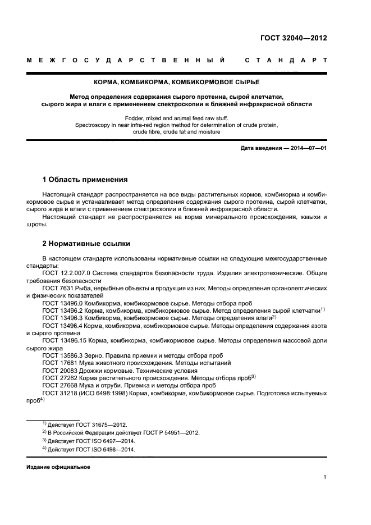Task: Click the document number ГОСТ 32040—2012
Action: pos(293,38)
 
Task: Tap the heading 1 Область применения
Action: pos(85,180)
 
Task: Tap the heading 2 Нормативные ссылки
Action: pos(87,244)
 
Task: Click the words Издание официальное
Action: pos(58,467)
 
